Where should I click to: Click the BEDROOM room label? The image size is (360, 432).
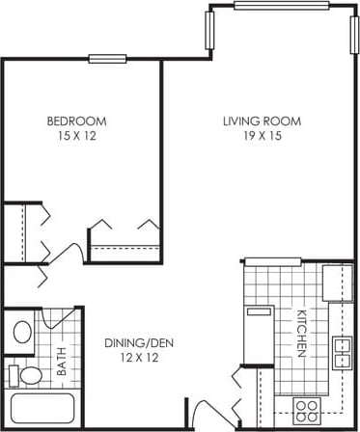point(76,121)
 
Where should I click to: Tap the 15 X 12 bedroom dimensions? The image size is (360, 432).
point(76,136)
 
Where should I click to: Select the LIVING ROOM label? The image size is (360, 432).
point(262,121)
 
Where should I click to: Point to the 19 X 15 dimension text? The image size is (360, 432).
point(262,136)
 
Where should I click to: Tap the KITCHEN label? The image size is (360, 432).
point(300,334)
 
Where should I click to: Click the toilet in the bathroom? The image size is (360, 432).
point(28,374)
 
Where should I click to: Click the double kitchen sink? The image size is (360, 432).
point(341,353)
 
